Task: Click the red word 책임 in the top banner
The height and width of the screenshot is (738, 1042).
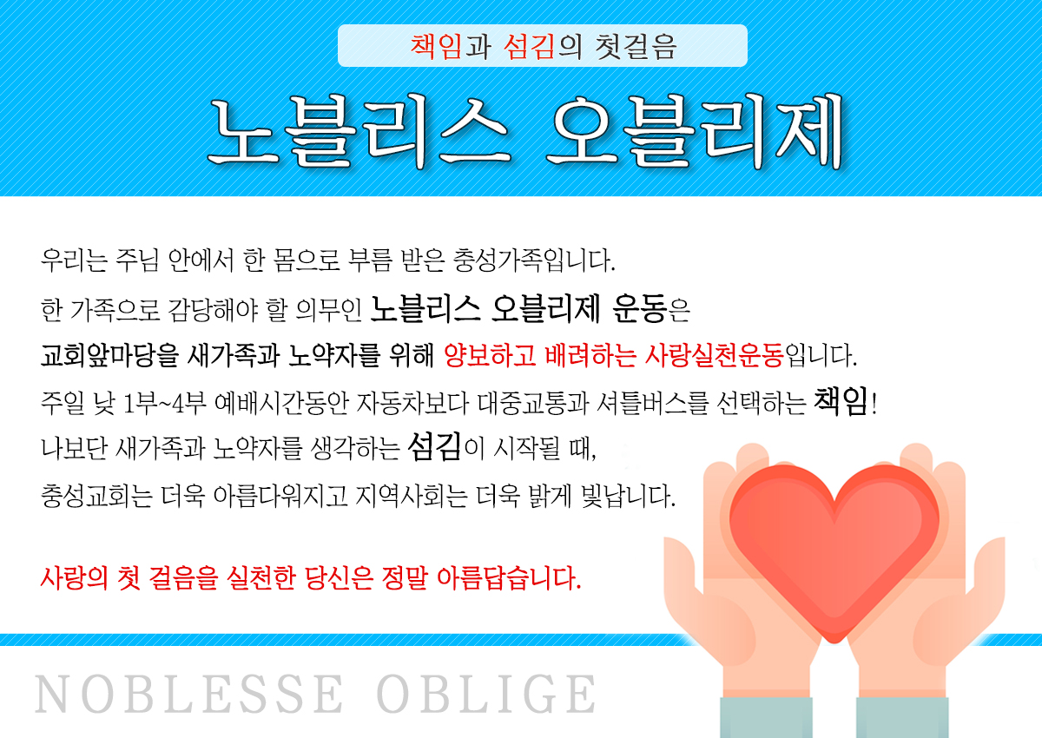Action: click(435, 47)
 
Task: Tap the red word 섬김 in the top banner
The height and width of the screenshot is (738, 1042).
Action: click(529, 47)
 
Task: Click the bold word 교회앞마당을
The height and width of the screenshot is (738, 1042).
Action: click(109, 355)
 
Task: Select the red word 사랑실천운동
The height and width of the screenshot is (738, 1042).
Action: click(715, 355)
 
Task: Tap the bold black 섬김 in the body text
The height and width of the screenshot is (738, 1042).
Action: click(434, 446)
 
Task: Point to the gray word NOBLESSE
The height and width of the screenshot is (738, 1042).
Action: click(189, 695)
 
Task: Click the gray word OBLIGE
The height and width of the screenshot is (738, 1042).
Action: click(485, 695)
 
